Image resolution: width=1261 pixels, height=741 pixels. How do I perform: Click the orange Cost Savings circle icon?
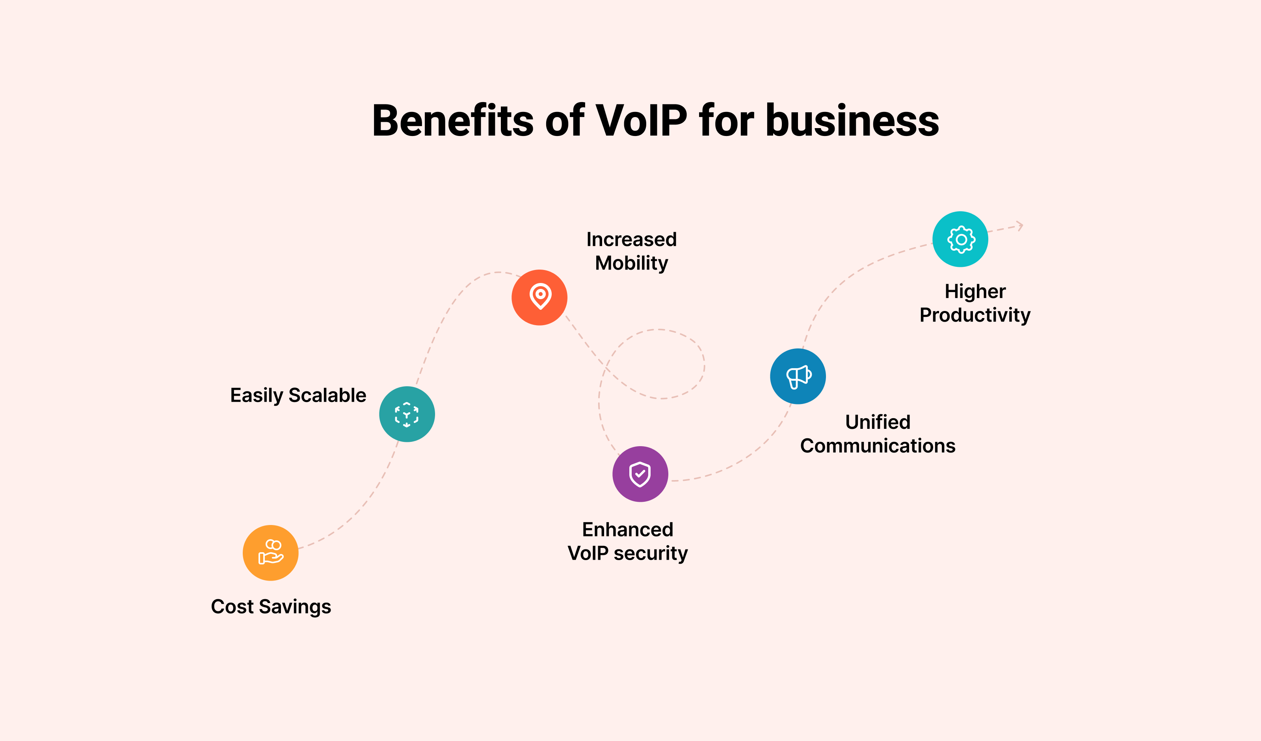[271, 553]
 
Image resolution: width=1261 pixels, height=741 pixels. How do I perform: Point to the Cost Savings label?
[271, 607]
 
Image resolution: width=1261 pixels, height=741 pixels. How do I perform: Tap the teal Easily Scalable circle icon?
[407, 414]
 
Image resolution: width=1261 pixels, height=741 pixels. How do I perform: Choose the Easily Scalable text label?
[298, 396]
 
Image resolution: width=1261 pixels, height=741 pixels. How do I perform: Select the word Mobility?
[632, 263]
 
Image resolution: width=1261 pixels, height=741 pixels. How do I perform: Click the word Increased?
[632, 239]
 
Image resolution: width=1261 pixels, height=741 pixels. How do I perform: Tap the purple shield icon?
[640, 474]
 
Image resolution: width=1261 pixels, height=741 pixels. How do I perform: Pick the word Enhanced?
[627, 530]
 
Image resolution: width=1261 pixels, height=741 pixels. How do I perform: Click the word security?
[651, 554]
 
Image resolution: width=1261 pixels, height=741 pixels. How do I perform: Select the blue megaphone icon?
[798, 376]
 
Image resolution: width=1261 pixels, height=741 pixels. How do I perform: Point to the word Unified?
[878, 422]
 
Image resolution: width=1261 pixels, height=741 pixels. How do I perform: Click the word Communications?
[878, 446]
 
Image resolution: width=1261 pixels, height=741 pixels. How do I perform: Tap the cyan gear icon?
[960, 239]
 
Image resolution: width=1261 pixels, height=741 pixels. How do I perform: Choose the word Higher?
[975, 291]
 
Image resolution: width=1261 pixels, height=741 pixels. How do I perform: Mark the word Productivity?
[975, 315]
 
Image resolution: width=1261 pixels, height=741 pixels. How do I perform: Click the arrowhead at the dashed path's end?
[1020, 226]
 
